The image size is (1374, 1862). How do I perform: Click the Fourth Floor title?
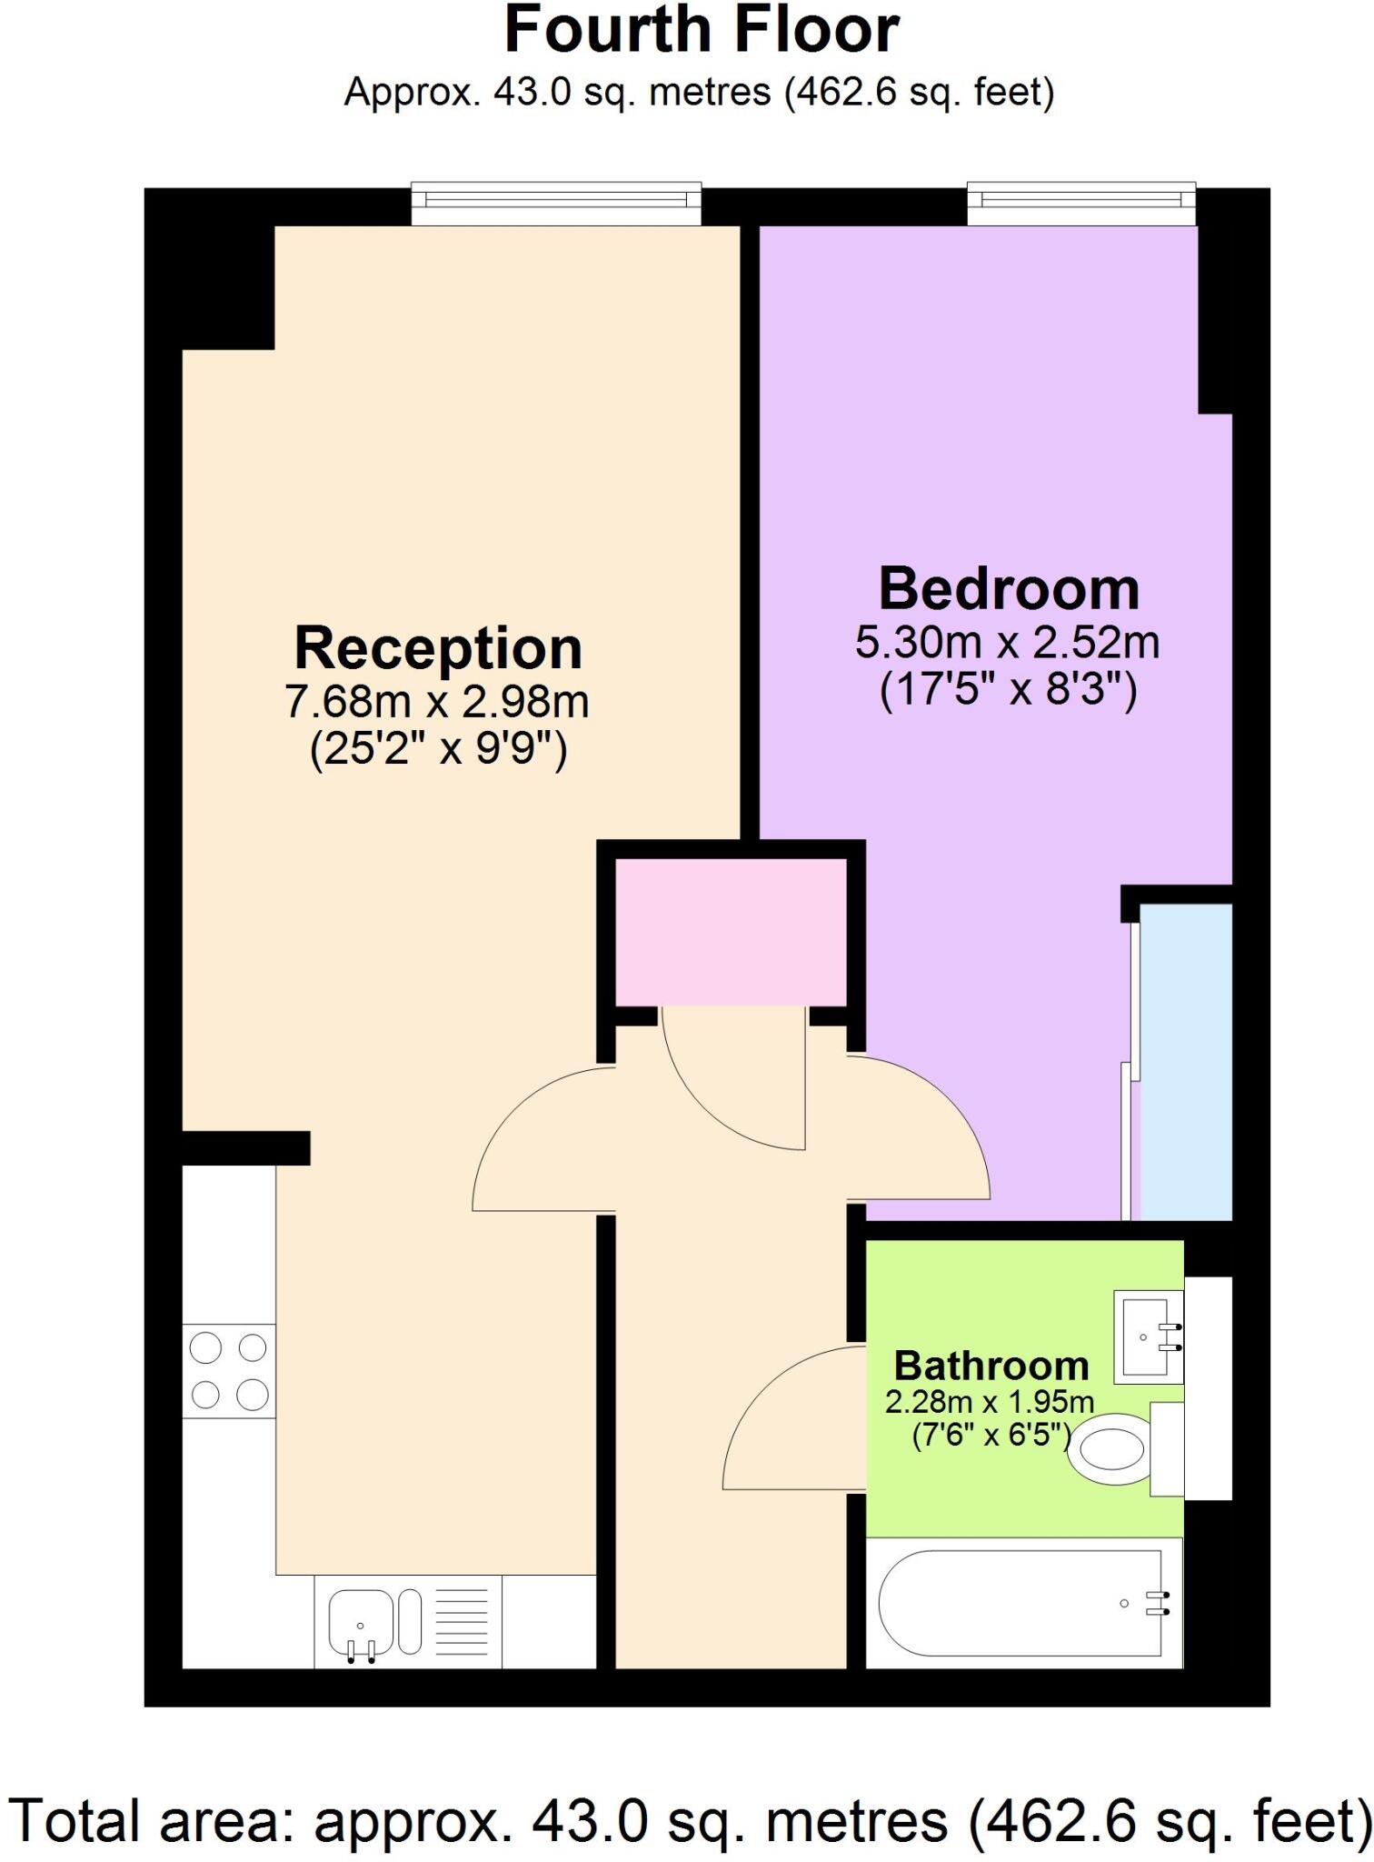point(701,31)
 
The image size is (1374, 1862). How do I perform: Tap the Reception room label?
point(438,649)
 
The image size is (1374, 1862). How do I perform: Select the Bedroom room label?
point(1009,589)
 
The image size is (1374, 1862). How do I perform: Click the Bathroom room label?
point(991,1366)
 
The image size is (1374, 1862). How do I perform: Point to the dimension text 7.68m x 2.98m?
point(437,701)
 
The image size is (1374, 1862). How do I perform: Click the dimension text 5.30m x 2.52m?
point(1007,643)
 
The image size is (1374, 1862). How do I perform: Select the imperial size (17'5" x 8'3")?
point(1008,691)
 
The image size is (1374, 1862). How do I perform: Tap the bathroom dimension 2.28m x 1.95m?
point(990,1402)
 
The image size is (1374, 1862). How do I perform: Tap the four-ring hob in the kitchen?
point(229,1370)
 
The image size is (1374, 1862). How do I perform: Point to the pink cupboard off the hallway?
point(731,933)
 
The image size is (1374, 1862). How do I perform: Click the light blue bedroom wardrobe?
point(1186,1061)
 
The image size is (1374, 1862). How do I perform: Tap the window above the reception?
point(556,204)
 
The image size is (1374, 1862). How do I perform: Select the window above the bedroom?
point(1080,204)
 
